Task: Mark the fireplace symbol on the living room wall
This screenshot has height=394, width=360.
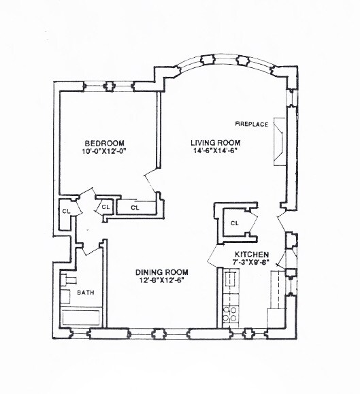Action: pyautogui.click(x=279, y=144)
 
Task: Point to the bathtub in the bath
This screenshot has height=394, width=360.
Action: pyautogui.click(x=82, y=318)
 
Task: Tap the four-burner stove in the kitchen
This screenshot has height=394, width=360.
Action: pyautogui.click(x=229, y=314)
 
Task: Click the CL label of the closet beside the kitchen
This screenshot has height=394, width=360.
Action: pyautogui.click(x=233, y=223)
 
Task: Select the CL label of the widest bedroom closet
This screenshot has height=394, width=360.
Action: pyautogui.click(x=135, y=207)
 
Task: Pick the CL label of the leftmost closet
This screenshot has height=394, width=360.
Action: pyautogui.click(x=66, y=212)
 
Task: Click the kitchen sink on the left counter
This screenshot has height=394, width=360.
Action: pyautogui.click(x=229, y=279)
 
